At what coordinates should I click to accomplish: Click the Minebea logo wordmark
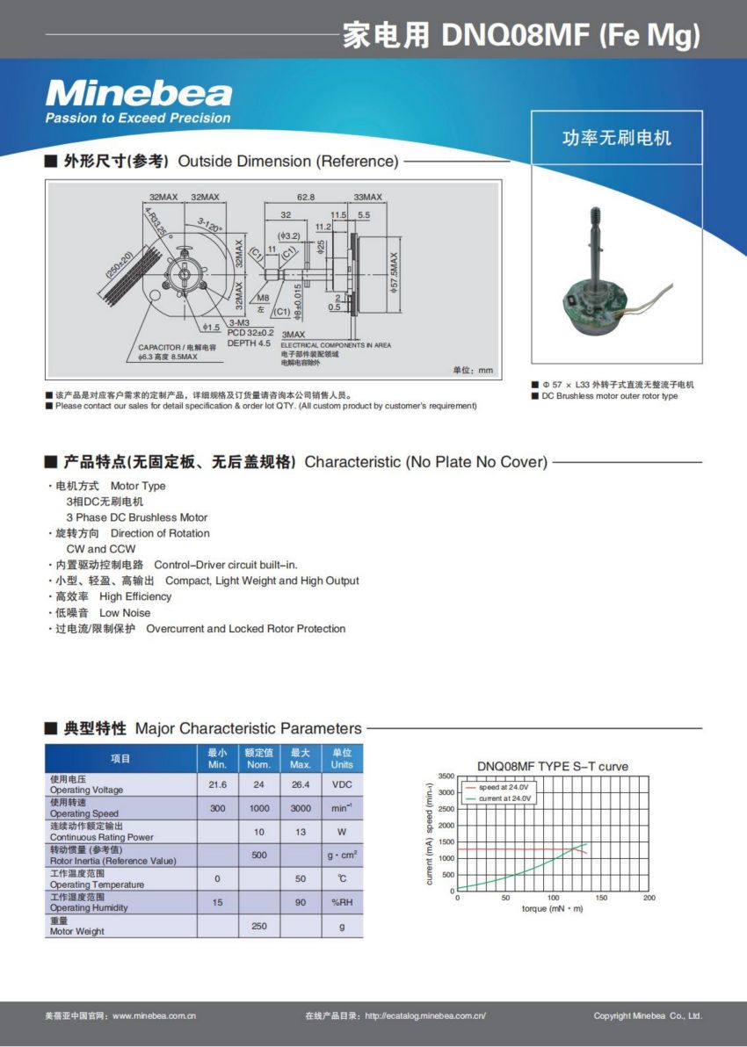(x=138, y=93)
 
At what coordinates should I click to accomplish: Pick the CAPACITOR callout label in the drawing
(x=177, y=348)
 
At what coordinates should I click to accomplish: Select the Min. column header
(x=217, y=759)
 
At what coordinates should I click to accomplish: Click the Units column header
(x=342, y=759)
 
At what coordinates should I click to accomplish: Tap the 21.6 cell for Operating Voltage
(x=217, y=784)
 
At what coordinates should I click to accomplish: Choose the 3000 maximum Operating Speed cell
(x=301, y=808)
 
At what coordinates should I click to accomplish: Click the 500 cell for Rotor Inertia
(x=259, y=855)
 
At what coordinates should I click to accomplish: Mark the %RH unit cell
(x=342, y=902)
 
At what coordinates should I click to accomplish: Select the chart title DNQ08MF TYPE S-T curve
(x=552, y=766)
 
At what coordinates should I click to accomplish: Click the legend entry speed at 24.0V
(x=498, y=788)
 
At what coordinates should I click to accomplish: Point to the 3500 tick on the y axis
(x=446, y=776)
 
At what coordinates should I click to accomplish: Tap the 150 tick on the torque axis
(x=601, y=898)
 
